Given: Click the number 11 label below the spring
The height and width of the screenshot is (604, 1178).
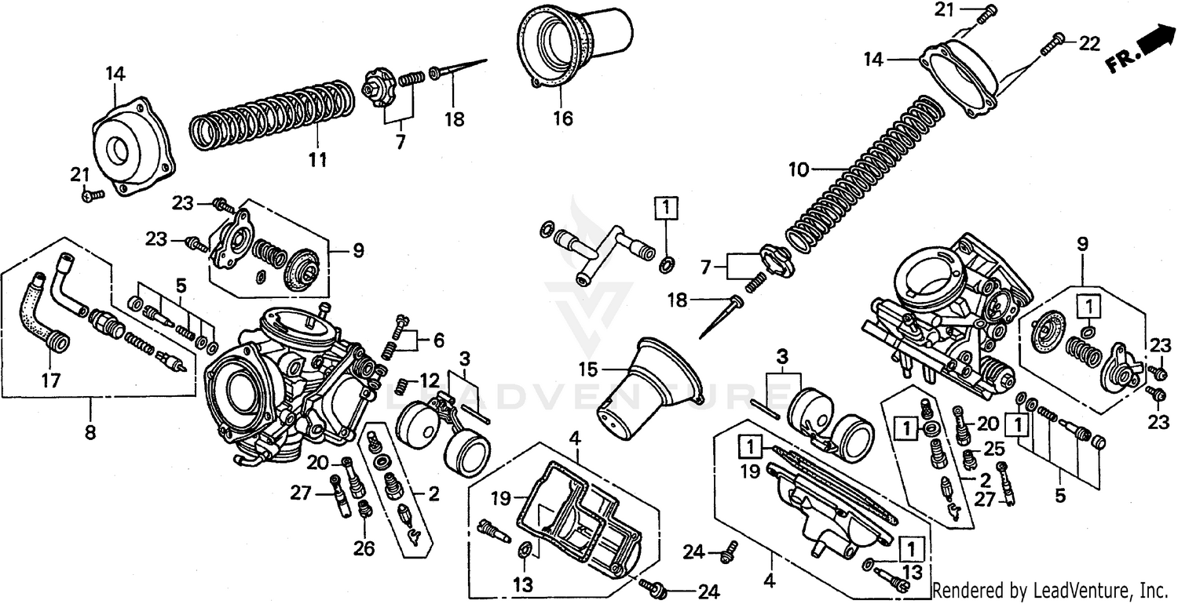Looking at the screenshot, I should pos(317,160).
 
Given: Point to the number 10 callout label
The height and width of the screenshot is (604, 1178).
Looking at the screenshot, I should pos(797,169).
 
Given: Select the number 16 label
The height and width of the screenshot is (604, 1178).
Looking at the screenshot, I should pos(562,119).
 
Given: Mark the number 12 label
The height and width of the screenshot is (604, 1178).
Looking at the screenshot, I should pos(429,379).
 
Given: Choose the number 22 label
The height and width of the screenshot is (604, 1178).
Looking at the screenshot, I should pos(1089,44).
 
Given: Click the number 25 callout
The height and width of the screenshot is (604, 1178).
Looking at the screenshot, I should pos(993,449).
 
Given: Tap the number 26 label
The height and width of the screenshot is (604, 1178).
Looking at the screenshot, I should pos(364,548).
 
